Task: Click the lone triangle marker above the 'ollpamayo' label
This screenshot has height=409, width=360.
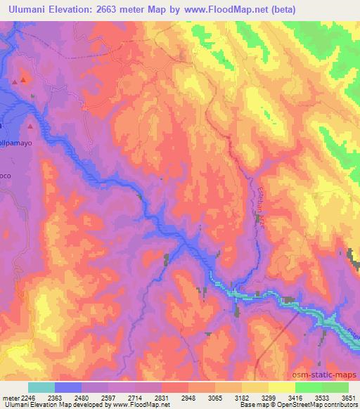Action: click(31, 126)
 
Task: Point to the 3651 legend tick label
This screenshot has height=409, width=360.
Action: click(349, 398)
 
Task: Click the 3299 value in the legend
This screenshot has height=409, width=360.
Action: click(269, 398)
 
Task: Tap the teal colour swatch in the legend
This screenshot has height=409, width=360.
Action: click(41, 387)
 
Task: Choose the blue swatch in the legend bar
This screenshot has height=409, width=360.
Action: click(68, 387)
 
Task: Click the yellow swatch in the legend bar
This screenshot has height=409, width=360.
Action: click(281, 387)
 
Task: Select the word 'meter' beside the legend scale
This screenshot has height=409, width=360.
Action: click(10, 398)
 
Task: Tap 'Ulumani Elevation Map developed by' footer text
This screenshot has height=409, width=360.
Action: click(42, 405)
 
